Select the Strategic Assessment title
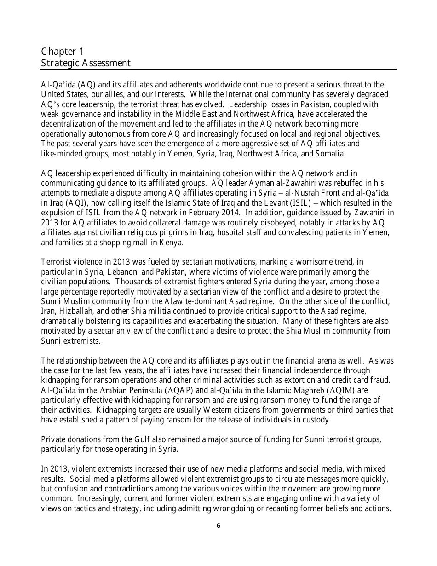point(86,63)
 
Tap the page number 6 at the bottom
point(218,526)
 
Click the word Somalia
point(330,154)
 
